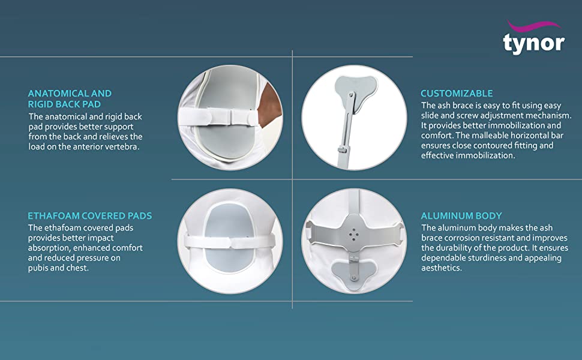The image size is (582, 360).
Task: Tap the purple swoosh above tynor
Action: click(x=534, y=26)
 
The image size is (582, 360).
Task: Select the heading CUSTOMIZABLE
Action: click(x=457, y=94)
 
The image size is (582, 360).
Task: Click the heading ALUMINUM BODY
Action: click(x=461, y=216)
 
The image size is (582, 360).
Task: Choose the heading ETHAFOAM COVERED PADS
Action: click(x=90, y=216)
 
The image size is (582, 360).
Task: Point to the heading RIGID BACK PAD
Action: click(x=65, y=104)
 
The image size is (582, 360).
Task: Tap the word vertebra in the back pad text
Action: click(x=123, y=146)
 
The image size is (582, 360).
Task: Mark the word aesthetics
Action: click(x=442, y=268)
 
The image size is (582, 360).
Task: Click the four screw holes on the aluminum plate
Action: click(x=354, y=234)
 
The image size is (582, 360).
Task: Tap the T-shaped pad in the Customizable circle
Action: click(x=355, y=89)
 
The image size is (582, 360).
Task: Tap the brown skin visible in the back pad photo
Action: click(x=270, y=104)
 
